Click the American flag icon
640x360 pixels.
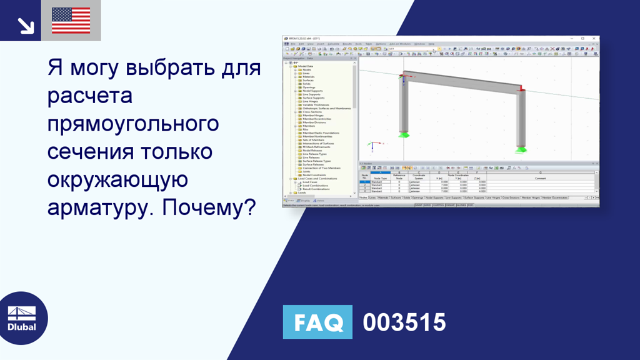click(x=71, y=21)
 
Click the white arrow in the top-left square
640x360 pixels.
click(x=26, y=24)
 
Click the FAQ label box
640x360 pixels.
click(x=317, y=322)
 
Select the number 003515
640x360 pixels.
click(x=404, y=322)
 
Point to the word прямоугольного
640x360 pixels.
click(x=133, y=123)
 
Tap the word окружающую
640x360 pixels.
click(x=117, y=179)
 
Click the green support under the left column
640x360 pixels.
click(x=404, y=134)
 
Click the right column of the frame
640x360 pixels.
click(x=521, y=119)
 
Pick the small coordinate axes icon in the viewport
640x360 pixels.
click(x=372, y=146)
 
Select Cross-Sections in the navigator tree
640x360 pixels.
click(x=313, y=112)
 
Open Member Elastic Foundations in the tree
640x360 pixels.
click(x=321, y=133)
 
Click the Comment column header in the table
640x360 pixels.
click(x=541, y=177)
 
